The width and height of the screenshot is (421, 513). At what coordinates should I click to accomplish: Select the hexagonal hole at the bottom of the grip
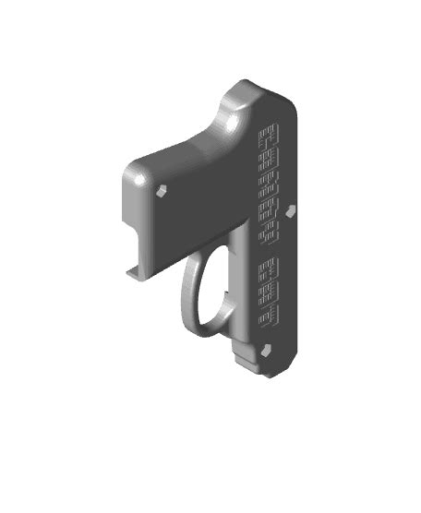pyautogui.click(x=267, y=351)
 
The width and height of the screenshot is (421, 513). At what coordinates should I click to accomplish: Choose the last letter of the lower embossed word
pyautogui.click(x=269, y=319)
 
